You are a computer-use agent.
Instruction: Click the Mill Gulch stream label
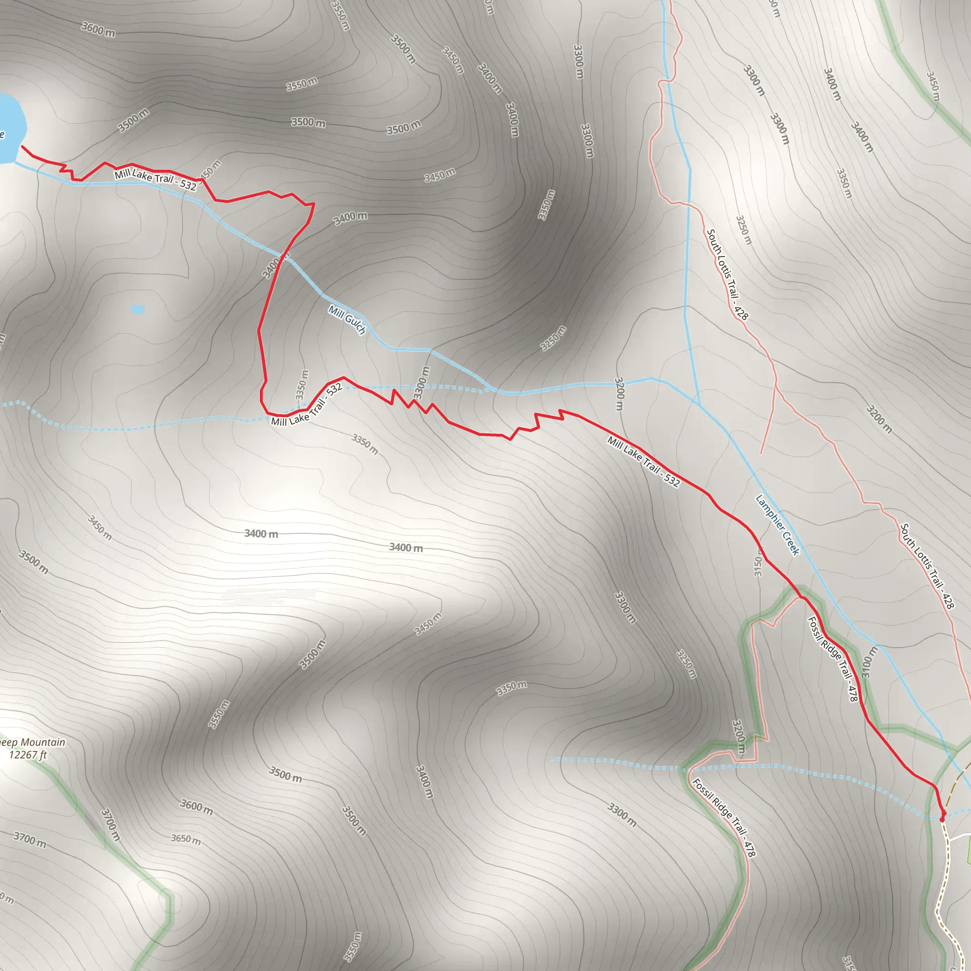point(347,320)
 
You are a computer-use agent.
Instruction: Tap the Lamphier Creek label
point(777,525)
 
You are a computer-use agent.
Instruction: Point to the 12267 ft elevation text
point(28,755)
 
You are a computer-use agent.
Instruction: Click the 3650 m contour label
point(185,838)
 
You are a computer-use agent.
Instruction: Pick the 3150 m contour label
point(758,566)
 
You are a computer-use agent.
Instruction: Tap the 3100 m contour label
point(870,662)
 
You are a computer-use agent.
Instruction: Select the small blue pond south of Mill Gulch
point(137,309)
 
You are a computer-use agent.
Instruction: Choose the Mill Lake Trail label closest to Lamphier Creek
point(643,462)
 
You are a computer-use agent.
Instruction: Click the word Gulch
point(354,326)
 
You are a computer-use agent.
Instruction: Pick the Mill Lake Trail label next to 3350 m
point(307,405)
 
